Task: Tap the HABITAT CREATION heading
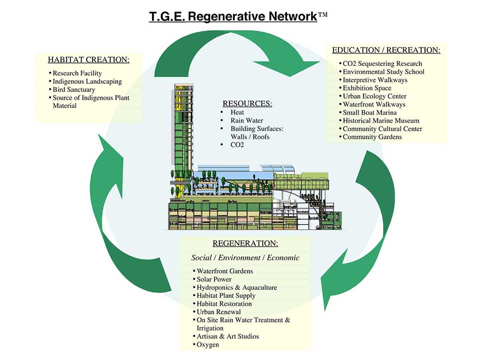tap(89, 59)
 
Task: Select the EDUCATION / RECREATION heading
tap(386, 50)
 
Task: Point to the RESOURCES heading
tap(247, 103)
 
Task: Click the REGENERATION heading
tap(245, 243)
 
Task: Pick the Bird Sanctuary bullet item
tap(74, 89)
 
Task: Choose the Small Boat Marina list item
tap(369, 112)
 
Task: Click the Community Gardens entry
tap(372, 137)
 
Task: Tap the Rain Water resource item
tap(246, 120)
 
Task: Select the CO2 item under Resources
tap(237, 145)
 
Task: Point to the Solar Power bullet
tap(214, 279)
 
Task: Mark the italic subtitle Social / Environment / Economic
tap(245, 258)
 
